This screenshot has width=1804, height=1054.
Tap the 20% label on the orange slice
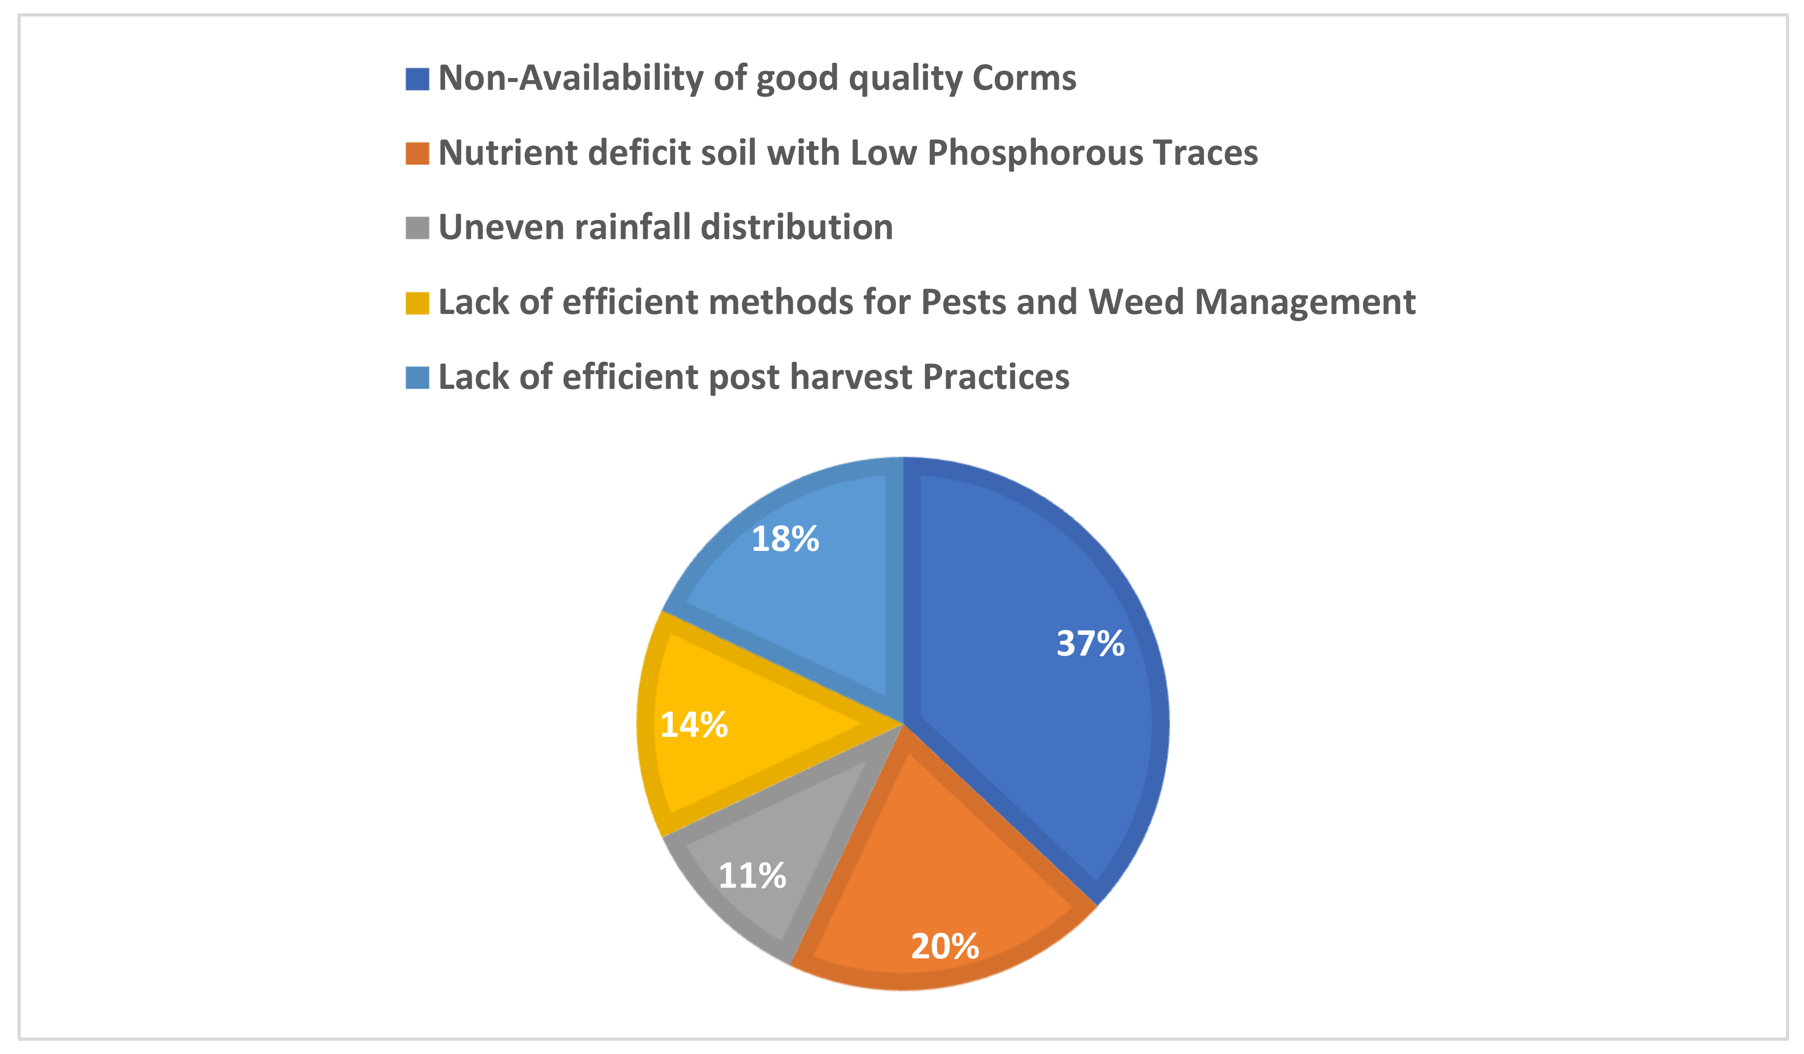click(x=945, y=947)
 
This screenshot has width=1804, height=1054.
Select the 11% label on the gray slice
click(x=752, y=875)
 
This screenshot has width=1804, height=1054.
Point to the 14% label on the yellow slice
click(x=694, y=725)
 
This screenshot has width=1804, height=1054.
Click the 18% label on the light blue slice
click(x=785, y=539)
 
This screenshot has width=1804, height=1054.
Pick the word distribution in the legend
click(x=796, y=227)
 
